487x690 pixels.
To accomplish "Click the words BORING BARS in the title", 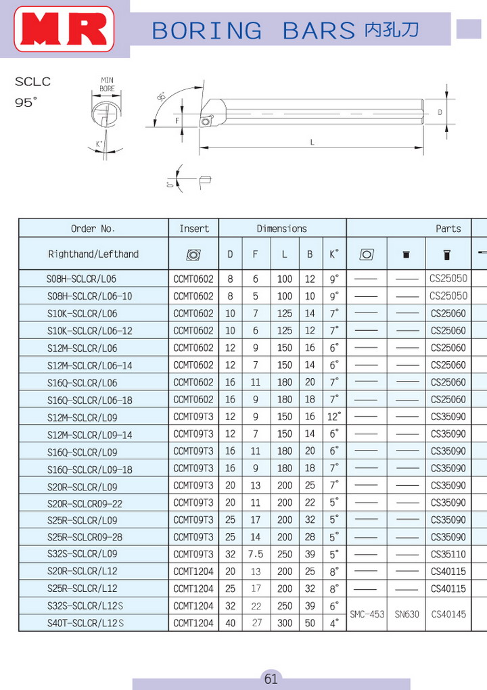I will click(x=254, y=30).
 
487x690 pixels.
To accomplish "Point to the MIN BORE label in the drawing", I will click(x=107, y=84).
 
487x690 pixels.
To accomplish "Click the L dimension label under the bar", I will click(x=312, y=142).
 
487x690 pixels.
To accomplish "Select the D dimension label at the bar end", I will click(x=440, y=112).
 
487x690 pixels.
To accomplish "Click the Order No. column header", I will click(x=93, y=229).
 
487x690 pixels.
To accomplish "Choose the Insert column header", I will click(x=194, y=229).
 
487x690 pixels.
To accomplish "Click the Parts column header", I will click(x=448, y=229).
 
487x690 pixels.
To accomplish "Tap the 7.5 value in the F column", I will click(x=256, y=554).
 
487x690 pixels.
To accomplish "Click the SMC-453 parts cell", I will click(x=367, y=614).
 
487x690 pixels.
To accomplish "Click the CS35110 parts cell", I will click(x=448, y=554).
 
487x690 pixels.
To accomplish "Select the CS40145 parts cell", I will click(x=448, y=614).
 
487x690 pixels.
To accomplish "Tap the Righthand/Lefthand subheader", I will click(x=93, y=254).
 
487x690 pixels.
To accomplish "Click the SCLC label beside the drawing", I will click(x=32, y=83).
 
